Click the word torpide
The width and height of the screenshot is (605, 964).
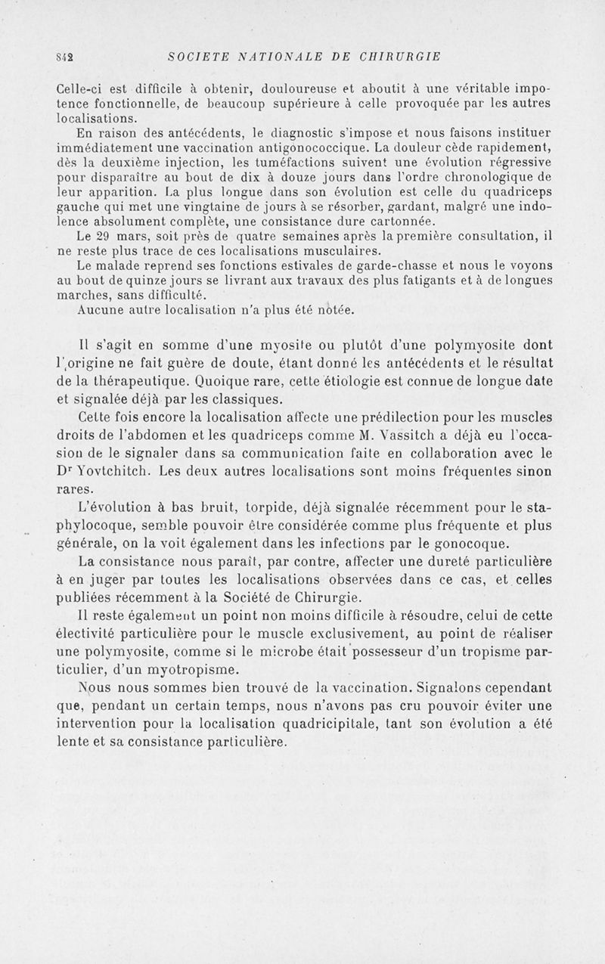283,507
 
